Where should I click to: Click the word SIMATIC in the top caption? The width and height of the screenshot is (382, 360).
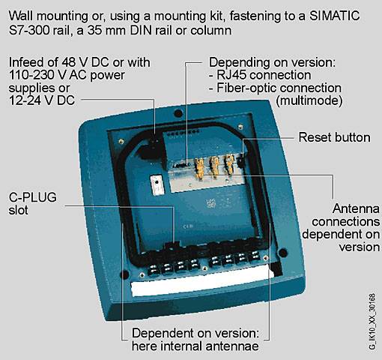coord(335,16)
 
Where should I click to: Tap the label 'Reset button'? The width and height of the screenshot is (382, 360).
coord(334,137)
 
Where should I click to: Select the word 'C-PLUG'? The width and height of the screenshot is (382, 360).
coord(33,197)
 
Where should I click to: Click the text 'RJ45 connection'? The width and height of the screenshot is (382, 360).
coord(264,75)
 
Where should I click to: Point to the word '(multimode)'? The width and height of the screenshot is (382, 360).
coord(309,100)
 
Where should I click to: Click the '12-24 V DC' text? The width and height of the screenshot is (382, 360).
coord(42,100)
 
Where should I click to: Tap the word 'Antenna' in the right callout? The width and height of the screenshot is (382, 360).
coord(356,208)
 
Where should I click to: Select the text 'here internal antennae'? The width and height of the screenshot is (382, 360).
coord(195,346)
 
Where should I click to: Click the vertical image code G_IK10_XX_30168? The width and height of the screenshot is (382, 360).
coord(372,322)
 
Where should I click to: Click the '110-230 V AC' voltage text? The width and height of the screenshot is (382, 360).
coord(48,75)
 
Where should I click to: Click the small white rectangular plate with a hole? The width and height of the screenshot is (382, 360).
coord(157,184)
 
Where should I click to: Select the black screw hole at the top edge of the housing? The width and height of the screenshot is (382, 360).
coord(178,113)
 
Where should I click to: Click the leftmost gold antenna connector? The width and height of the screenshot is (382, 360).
coord(199,167)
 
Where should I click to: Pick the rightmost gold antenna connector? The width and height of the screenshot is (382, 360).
coord(229,163)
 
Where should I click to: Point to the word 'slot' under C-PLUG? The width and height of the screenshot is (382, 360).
coord(18,210)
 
